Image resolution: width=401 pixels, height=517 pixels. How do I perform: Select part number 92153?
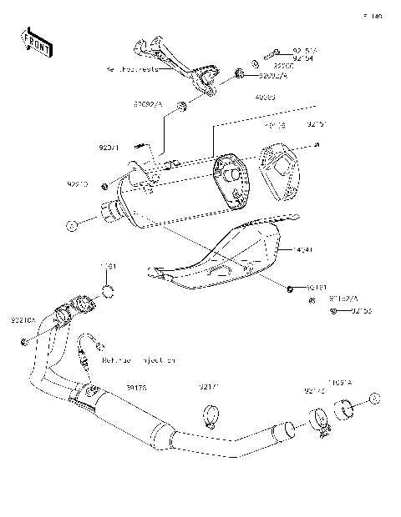pyautogui.click(x=361, y=311)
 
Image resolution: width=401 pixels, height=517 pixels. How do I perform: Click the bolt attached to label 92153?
pyautogui.click(x=333, y=311)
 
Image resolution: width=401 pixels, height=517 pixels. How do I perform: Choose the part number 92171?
pyautogui.click(x=210, y=387)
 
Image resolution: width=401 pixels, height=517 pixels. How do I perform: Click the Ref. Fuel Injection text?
pyautogui.click(x=139, y=361)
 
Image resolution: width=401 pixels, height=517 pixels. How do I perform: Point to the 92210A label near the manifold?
pyautogui.click(x=23, y=318)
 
